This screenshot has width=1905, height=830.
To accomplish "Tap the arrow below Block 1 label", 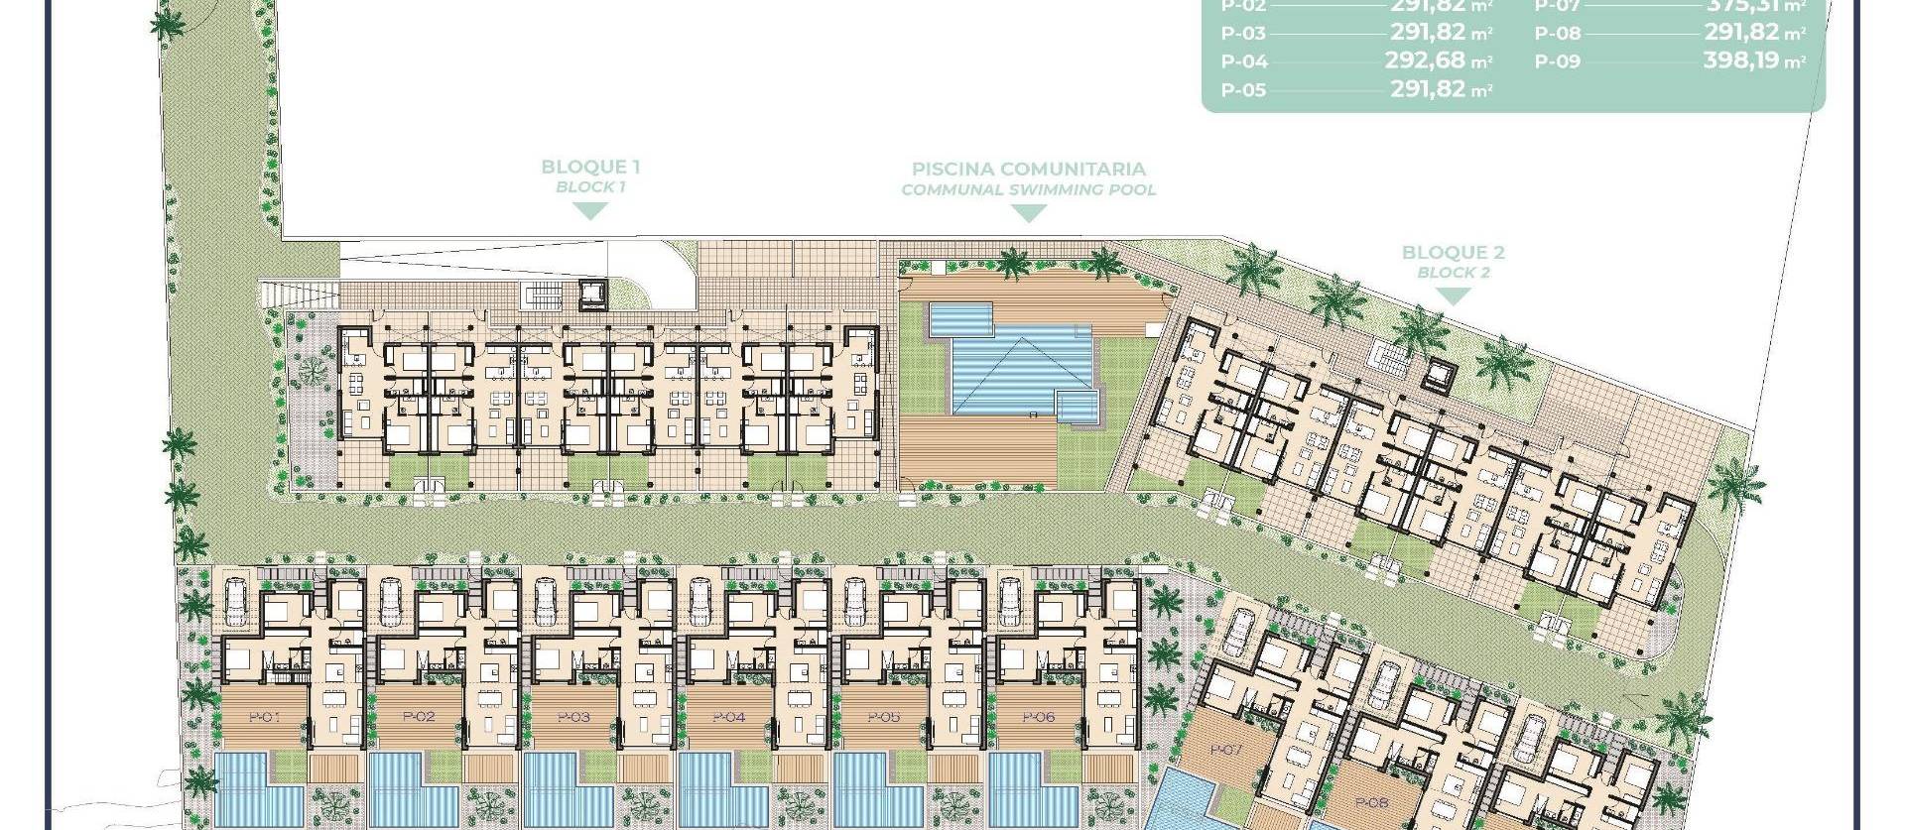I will pyautogui.click(x=591, y=210).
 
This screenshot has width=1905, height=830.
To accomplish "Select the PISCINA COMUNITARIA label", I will pyautogui.click(x=1029, y=170).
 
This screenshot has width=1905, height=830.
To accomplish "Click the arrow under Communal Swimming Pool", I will pyautogui.click(x=1029, y=213).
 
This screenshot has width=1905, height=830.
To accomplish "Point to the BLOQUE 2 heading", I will pyautogui.click(x=1454, y=253).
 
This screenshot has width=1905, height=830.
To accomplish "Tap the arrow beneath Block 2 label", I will pyautogui.click(x=1454, y=296).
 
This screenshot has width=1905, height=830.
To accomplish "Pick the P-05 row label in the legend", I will pyautogui.click(x=1243, y=90).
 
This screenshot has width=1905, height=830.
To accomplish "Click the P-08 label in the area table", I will pyautogui.click(x=1558, y=33).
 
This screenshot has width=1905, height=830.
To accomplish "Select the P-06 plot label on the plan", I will pyautogui.click(x=1038, y=717).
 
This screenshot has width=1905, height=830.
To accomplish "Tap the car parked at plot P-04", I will pyautogui.click(x=700, y=601).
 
